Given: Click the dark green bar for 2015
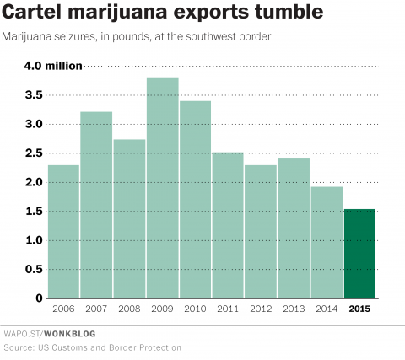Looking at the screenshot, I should click(359, 254).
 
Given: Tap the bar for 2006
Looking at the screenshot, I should click(63, 232).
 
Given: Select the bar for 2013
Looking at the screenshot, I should click(294, 228).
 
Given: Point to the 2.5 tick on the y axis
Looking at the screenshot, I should click(33, 153).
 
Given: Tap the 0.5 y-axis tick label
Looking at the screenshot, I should click(33, 270).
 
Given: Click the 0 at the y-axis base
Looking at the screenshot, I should click(39, 298).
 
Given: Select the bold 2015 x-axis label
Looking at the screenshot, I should click(359, 309).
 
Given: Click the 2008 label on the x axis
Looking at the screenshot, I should click(129, 309).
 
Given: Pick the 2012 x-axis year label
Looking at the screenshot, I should click(261, 309).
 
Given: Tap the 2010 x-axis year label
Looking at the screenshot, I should click(195, 309).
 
